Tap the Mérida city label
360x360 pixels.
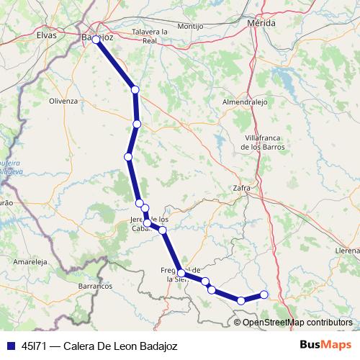(x=261, y=24)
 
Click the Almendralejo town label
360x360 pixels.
(x=245, y=103)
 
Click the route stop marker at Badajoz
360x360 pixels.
(x=96, y=40)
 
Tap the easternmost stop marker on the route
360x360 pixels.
(x=264, y=294)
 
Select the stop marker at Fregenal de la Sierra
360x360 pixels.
(x=181, y=274)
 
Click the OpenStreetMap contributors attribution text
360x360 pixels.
(x=297, y=323)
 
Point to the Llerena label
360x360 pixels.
(x=347, y=250)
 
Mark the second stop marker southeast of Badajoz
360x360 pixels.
(x=137, y=125)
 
